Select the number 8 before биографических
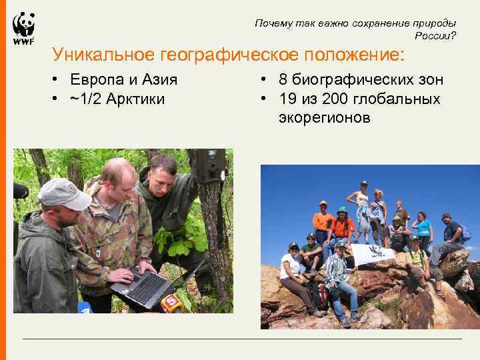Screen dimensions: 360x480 coord(283,80)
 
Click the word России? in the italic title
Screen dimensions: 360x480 coord(435,36)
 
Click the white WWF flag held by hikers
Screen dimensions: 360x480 coord(373,254)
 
